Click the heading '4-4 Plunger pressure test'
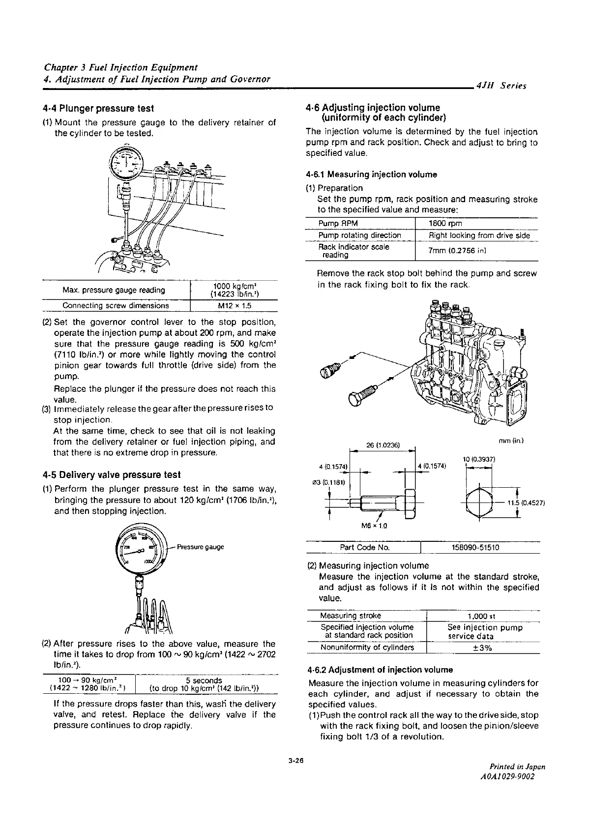(x=98, y=108)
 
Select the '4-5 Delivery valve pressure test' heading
(x=112, y=475)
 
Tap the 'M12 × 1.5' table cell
(x=234, y=305)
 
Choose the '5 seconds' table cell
(x=207, y=680)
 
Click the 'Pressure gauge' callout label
(x=200, y=547)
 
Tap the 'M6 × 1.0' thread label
(x=374, y=526)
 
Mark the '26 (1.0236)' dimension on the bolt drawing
(x=383, y=445)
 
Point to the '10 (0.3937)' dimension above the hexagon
(x=478, y=459)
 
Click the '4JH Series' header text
(x=501, y=86)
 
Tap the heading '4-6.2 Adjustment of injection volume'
(x=380, y=670)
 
